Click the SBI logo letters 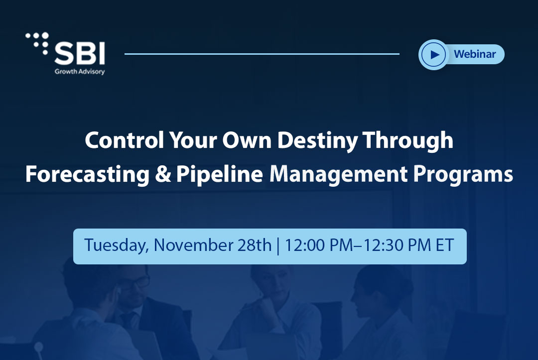80,53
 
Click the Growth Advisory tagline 80,71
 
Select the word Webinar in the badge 475,54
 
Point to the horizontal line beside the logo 262,54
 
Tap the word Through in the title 408,141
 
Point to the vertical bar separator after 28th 277,245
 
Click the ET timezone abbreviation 445,245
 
